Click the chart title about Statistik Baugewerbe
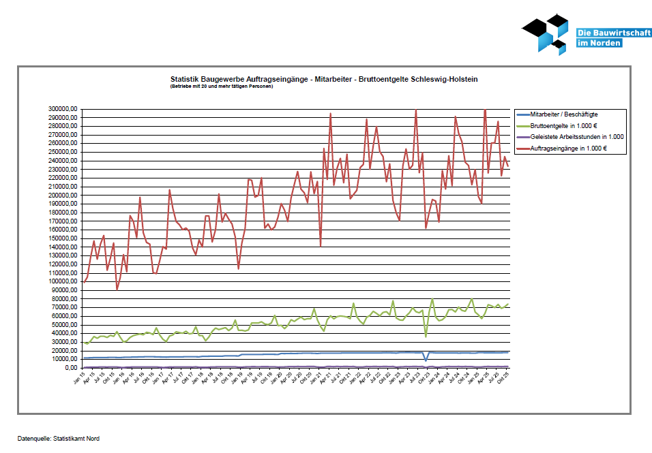point(324,79)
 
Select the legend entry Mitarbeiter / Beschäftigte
point(563,114)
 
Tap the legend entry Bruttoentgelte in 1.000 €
point(563,125)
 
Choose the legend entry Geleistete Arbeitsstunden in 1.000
point(576,136)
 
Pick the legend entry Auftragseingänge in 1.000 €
point(568,148)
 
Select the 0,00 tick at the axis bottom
point(71,367)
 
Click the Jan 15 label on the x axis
point(80,378)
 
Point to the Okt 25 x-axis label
point(505,378)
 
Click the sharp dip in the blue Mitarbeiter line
point(426,360)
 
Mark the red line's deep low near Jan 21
point(321,245)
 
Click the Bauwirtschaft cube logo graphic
point(546,33)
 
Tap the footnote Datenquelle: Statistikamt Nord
point(59,439)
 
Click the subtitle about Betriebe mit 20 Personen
point(222,87)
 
